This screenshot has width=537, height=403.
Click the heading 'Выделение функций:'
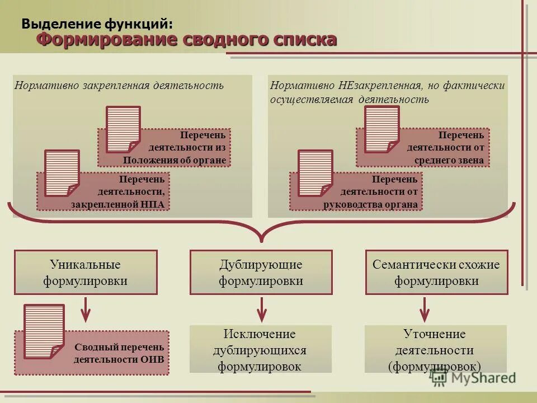pos(97,24)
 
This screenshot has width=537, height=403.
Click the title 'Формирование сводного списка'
pos(187,40)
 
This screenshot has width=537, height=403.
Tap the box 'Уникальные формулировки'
pos(86,273)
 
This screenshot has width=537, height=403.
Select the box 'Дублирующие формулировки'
pos(261,273)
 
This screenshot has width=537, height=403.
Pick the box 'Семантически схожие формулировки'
pos(436,273)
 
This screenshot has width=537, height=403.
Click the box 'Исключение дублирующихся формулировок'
pos(261,350)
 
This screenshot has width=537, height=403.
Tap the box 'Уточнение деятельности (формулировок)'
pos(435,350)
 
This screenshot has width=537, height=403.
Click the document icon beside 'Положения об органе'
pos(123,129)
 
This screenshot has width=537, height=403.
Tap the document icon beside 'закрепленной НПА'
pos(62,173)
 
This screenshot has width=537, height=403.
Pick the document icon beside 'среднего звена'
pos(381,129)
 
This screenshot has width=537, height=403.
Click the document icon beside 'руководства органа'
pos(315,173)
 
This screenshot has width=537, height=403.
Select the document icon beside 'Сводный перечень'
pos(44,331)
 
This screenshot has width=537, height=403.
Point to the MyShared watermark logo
pos(473,378)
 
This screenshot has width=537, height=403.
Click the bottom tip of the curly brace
pos(261,241)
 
